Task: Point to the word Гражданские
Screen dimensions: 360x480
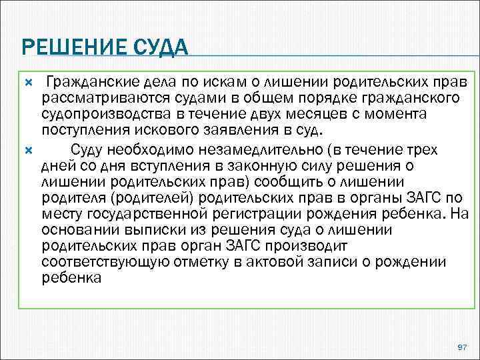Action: coord(85,82)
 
